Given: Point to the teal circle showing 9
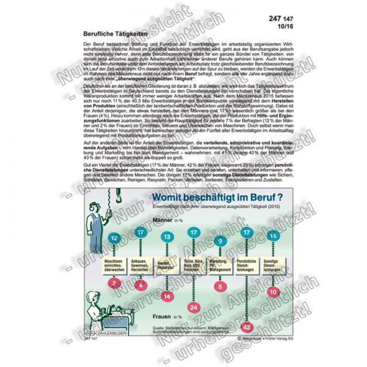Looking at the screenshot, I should pos(220,241).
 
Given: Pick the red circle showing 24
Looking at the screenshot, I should pos(194,306).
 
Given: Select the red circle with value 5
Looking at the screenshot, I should pos(221,284).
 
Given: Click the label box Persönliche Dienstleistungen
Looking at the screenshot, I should pos(248,265).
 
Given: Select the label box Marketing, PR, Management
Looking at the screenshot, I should pos(221,265).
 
